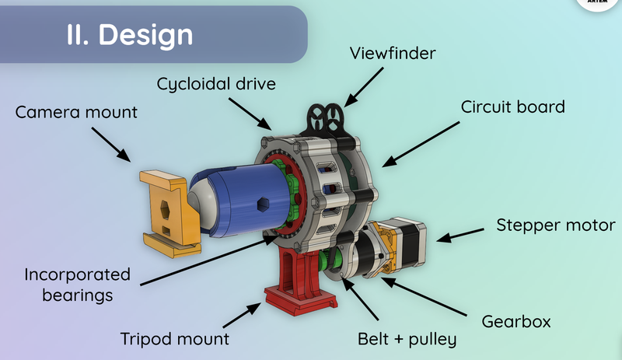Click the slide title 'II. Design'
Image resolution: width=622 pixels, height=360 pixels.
(x=129, y=34)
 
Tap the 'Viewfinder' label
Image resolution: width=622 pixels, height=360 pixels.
(x=393, y=55)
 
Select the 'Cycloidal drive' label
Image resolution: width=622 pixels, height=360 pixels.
(x=215, y=83)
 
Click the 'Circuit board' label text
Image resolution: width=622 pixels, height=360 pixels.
(x=512, y=107)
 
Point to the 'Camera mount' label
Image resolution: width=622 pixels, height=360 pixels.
(x=76, y=112)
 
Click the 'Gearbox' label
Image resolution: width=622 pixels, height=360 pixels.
(x=515, y=319)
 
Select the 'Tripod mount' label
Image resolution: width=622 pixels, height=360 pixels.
(x=175, y=339)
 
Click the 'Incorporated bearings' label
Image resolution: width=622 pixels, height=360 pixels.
(x=77, y=285)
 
